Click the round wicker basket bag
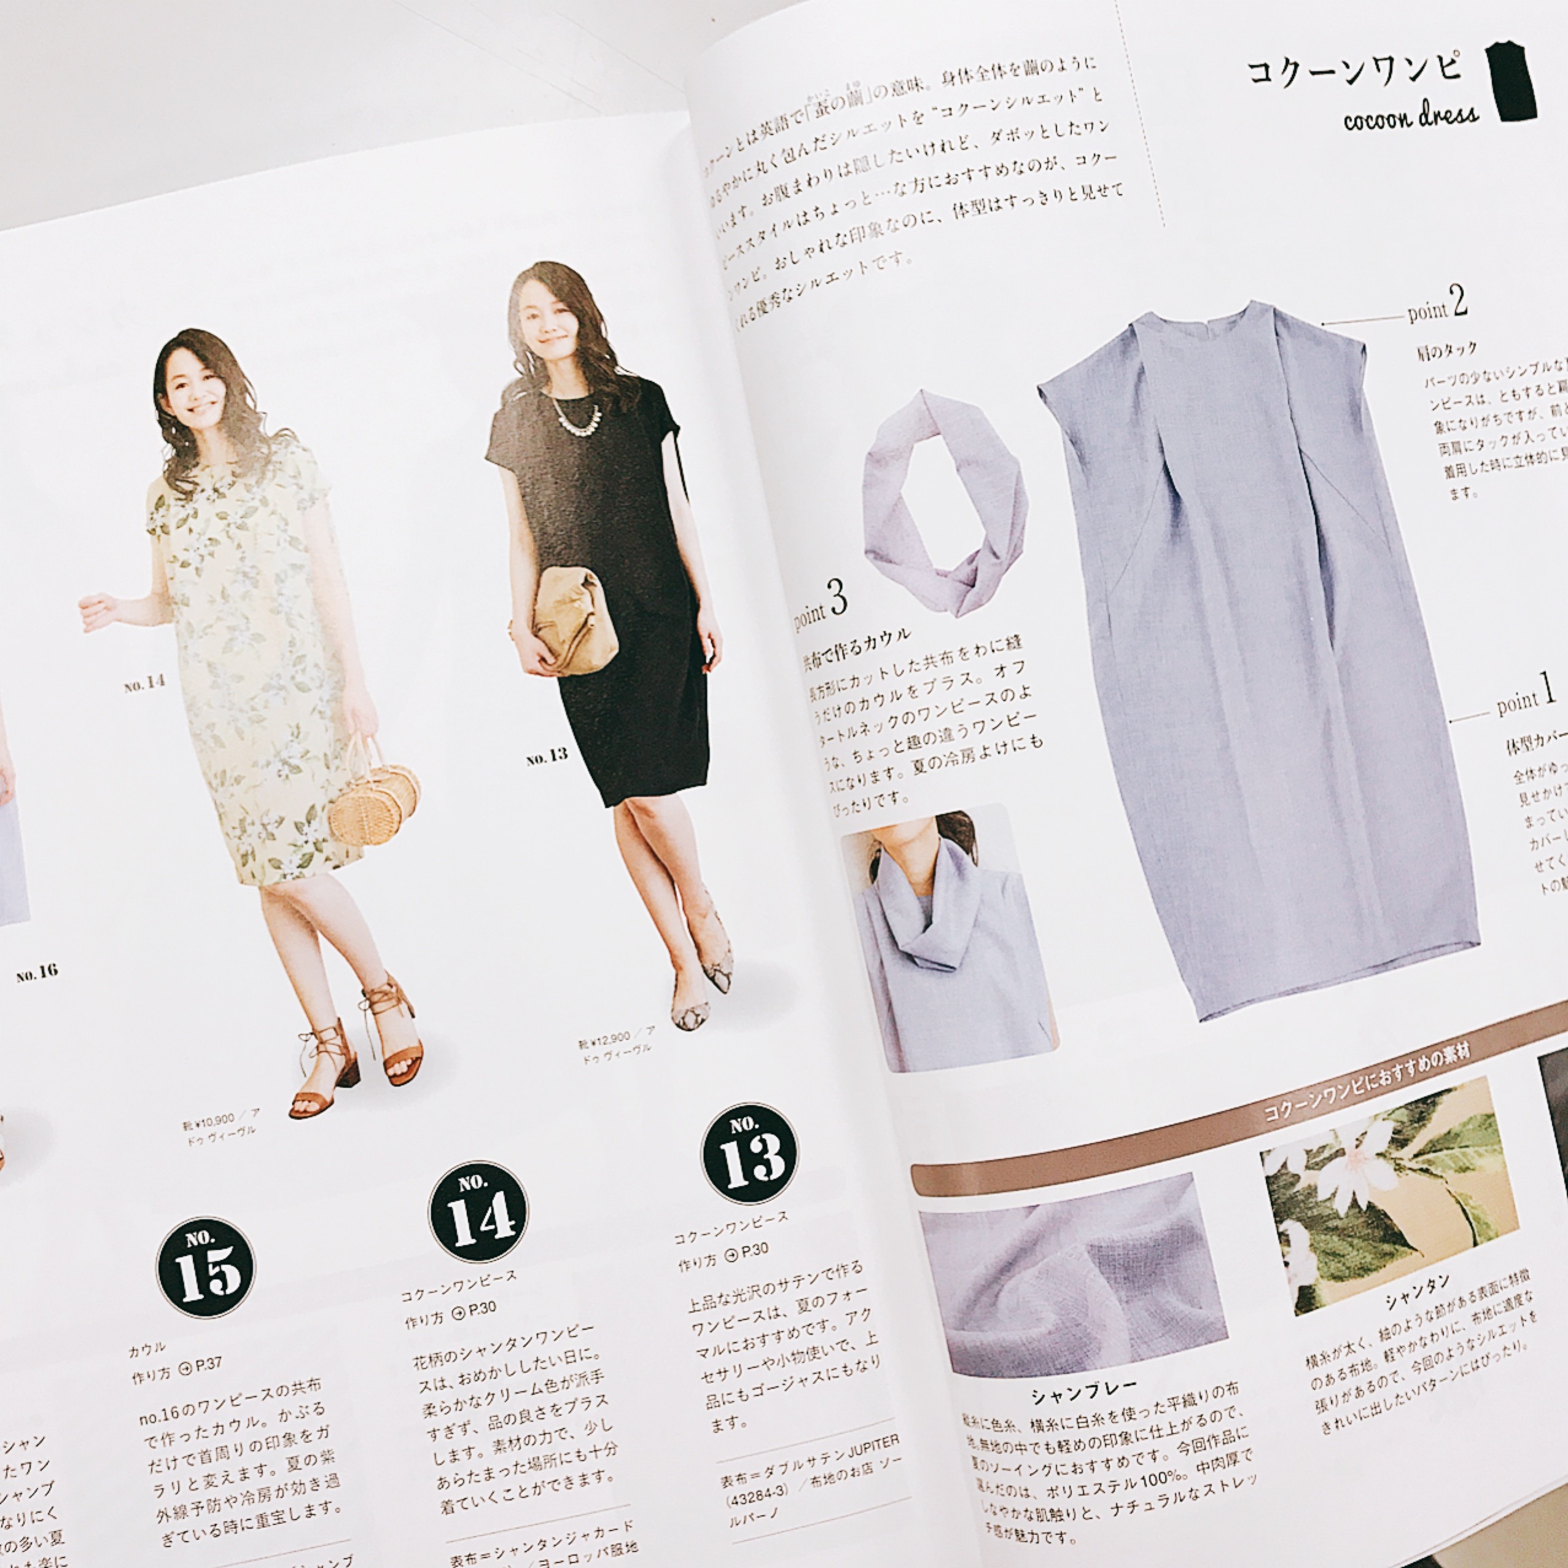pos(374,803)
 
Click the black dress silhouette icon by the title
pos(1511,84)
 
